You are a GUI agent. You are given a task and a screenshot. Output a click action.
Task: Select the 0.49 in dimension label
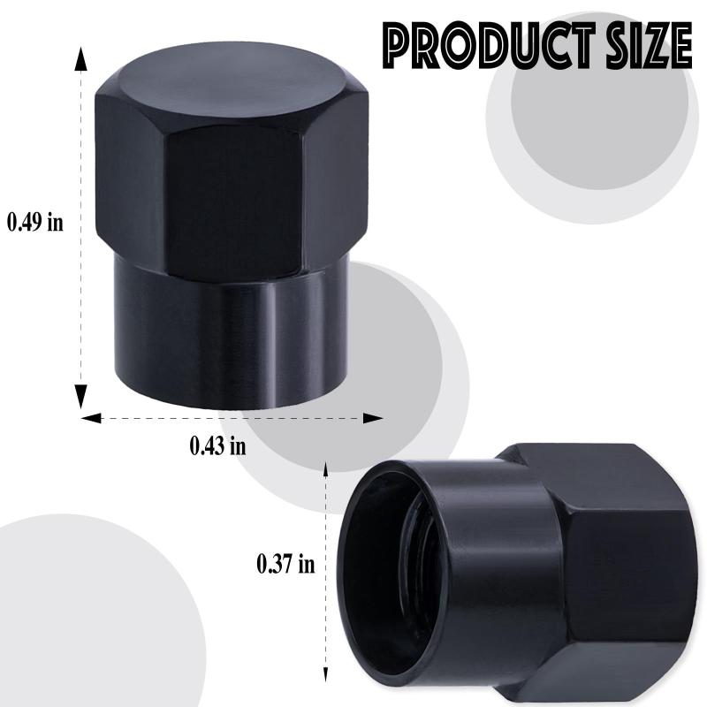(35, 220)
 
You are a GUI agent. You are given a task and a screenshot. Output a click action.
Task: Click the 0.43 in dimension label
(218, 445)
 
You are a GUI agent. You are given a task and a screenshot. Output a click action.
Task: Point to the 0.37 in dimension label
(285, 563)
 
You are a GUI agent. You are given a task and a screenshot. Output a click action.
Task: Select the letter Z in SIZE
(647, 42)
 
